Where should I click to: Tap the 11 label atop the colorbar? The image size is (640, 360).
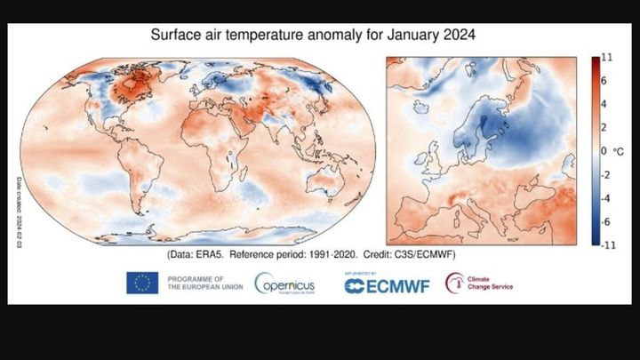(606, 58)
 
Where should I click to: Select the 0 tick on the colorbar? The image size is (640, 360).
(604, 151)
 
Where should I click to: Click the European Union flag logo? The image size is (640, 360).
(142, 284)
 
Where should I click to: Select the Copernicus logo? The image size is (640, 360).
(284, 284)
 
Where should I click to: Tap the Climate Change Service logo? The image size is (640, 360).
(480, 284)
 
